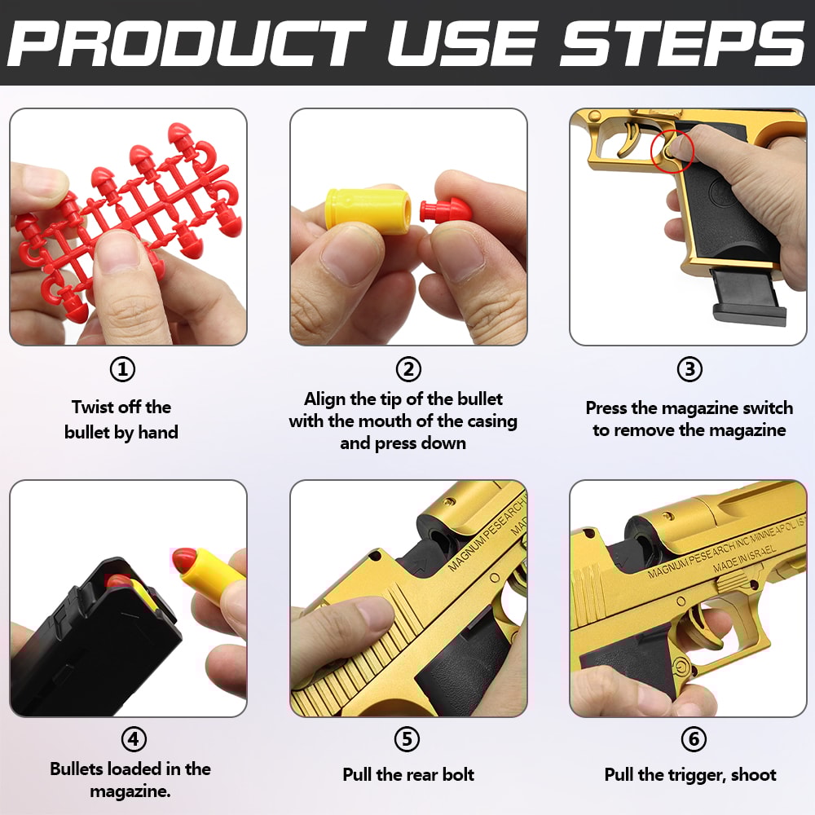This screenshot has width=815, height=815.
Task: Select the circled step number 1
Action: pyautogui.click(x=122, y=370)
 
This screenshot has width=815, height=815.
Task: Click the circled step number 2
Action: pyautogui.click(x=408, y=370)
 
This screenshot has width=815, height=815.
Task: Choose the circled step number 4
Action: pyautogui.click(x=134, y=739)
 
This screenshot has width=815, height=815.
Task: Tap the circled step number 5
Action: pyautogui.click(x=407, y=739)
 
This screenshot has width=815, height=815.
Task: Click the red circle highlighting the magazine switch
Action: pyautogui.click(x=672, y=150)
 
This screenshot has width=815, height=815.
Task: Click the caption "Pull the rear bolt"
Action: pyautogui.click(x=408, y=774)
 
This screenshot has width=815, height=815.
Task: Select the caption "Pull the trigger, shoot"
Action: pyautogui.click(x=690, y=774)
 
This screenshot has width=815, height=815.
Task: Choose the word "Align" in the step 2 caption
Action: pyautogui.click(x=327, y=399)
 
